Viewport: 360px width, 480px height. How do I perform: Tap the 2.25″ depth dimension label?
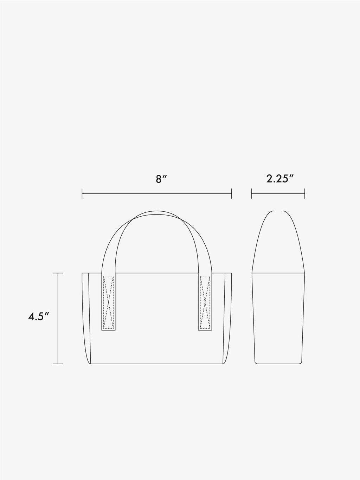pyautogui.click(x=280, y=179)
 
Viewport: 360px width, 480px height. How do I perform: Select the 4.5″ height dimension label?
pyautogui.click(x=38, y=316)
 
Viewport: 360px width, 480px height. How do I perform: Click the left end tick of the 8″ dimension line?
pyautogui.click(x=82, y=193)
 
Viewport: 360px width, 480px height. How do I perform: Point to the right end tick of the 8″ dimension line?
pyautogui.click(x=231, y=193)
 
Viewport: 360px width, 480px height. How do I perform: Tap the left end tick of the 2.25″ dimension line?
pyautogui.click(x=252, y=193)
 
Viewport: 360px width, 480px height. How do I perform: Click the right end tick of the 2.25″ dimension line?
pyautogui.click(x=304, y=193)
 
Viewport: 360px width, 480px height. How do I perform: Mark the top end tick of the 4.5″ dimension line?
pyautogui.click(x=58, y=273)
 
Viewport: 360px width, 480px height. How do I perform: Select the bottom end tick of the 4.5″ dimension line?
pyautogui.click(x=58, y=364)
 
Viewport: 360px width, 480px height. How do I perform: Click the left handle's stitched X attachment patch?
pyautogui.click(x=108, y=302)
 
